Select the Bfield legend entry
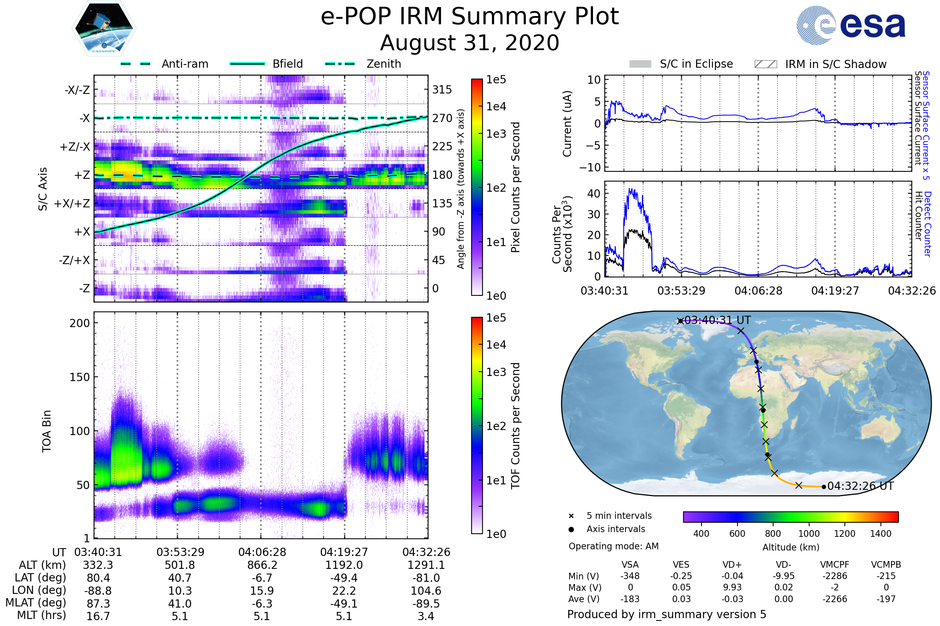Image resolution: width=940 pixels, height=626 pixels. (x=287, y=64)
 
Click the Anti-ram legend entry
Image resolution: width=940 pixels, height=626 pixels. (x=184, y=64)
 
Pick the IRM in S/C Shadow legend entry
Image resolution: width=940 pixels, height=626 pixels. (x=835, y=64)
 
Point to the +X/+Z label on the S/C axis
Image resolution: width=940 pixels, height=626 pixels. (x=72, y=203)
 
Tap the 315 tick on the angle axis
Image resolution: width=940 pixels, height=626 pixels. (x=442, y=90)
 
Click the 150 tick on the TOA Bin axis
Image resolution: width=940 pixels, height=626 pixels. (x=80, y=377)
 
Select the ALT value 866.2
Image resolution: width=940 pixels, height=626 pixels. (x=262, y=565)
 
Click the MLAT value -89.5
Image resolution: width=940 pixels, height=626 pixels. (x=426, y=604)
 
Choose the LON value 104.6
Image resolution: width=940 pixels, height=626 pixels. (x=426, y=591)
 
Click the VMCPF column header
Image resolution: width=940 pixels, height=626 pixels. (x=835, y=565)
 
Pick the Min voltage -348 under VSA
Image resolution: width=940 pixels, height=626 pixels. (x=630, y=576)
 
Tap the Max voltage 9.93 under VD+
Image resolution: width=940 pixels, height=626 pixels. (x=732, y=587)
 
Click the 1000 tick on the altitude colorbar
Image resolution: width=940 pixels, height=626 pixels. (x=809, y=534)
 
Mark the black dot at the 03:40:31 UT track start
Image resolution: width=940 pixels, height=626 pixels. (x=680, y=321)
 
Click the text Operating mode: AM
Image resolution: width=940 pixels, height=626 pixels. (x=613, y=546)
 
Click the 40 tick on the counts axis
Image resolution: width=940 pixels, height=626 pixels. (x=594, y=194)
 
